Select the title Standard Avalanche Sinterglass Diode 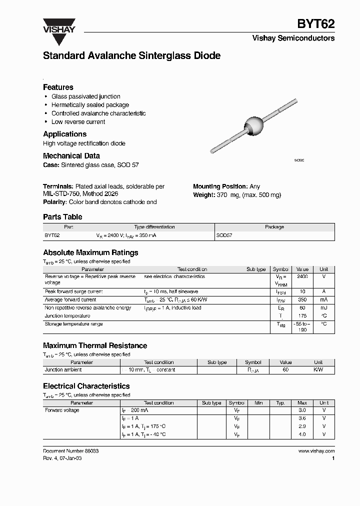[x=131, y=56]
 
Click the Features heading [x=58, y=87]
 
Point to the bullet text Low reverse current [x=78, y=121]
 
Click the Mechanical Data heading [x=71, y=155]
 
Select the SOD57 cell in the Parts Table [x=224, y=234]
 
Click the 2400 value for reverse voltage [x=302, y=276]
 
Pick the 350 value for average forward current [x=302, y=299]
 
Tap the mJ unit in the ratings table [x=323, y=308]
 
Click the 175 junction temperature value [x=302, y=316]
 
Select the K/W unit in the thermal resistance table [x=318, y=370]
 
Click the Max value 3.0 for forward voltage [x=302, y=410]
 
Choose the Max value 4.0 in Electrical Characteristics [x=302, y=434]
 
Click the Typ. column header [x=280, y=402]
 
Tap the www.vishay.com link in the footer [x=316, y=450]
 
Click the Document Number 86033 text [x=70, y=450]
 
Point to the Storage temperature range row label [x=73, y=324]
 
